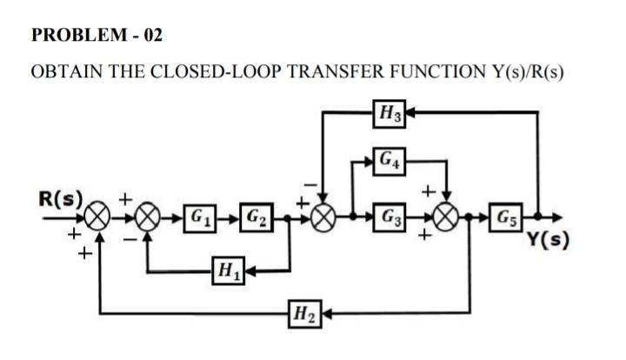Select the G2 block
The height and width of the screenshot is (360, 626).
[x=256, y=214]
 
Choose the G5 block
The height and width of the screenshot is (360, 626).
[x=507, y=214]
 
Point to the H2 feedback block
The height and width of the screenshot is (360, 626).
[x=303, y=310]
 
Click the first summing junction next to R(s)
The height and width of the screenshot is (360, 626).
[x=99, y=214]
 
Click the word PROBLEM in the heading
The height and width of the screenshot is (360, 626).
[x=72, y=36]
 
